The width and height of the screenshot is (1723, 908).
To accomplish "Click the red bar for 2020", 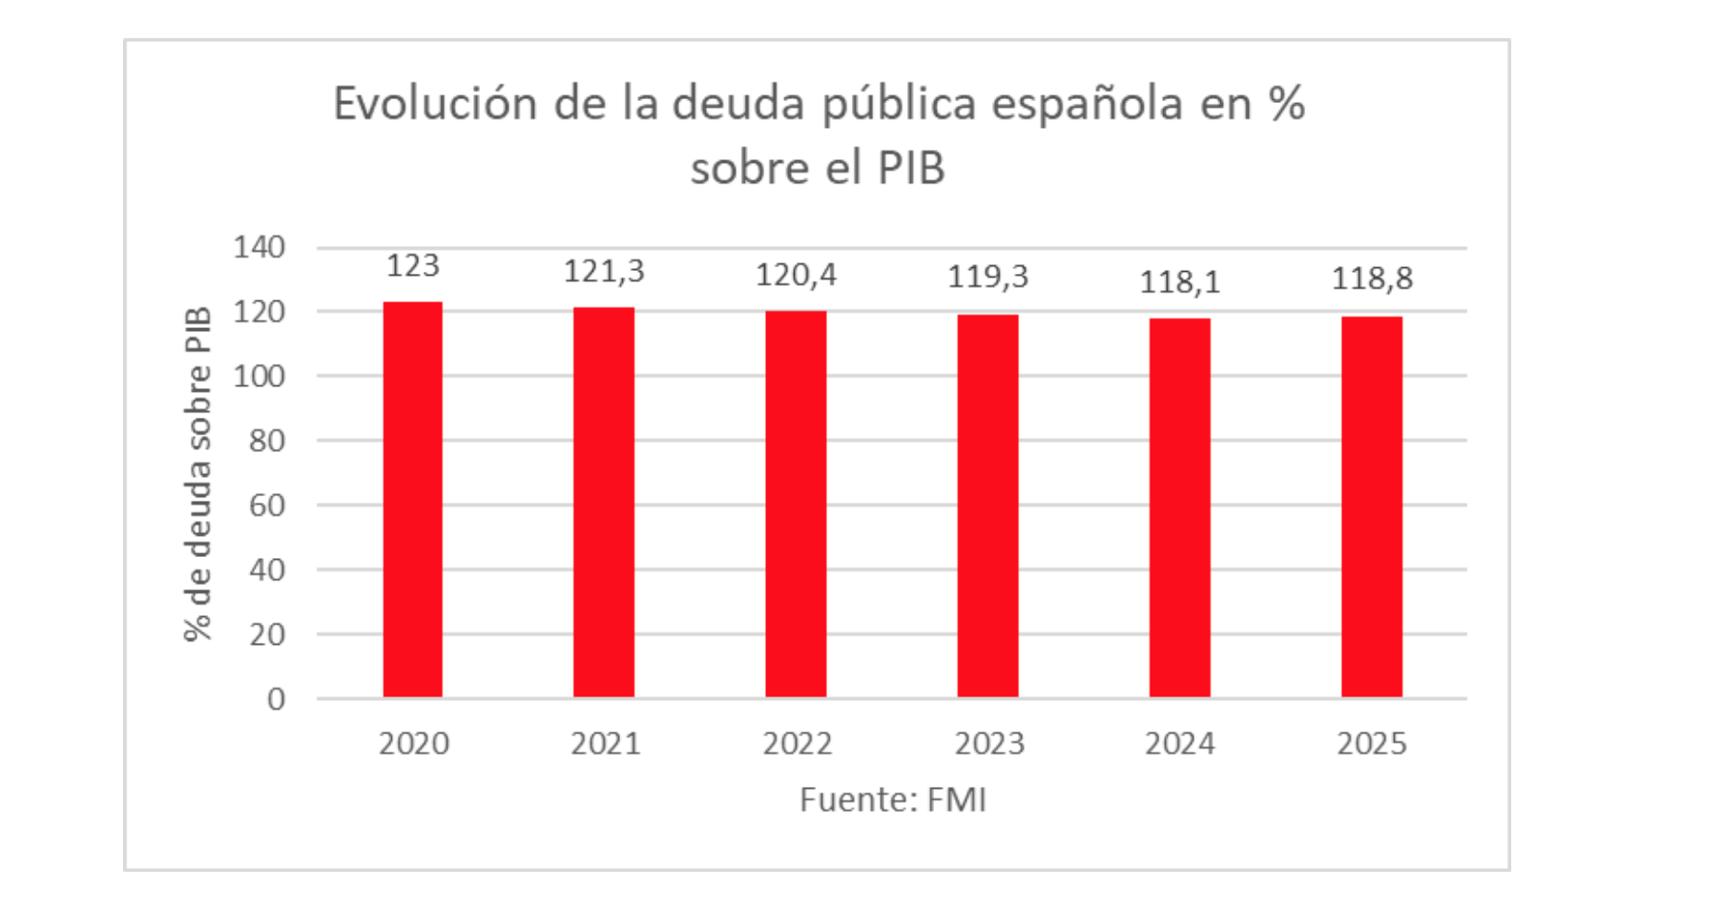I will pyautogui.click(x=412, y=500).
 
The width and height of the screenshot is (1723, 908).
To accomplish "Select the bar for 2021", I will pyautogui.click(x=603, y=503).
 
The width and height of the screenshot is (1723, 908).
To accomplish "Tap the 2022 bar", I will pyautogui.click(x=796, y=505).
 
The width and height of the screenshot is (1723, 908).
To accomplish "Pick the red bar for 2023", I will pyautogui.click(x=987, y=506).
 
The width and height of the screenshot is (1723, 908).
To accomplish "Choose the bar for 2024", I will pyautogui.click(x=1179, y=508).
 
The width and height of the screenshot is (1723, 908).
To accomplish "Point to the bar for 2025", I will pyautogui.click(x=1371, y=507).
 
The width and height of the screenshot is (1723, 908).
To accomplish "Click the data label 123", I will pyautogui.click(x=412, y=266).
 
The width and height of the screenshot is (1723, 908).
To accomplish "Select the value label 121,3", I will pyautogui.click(x=603, y=272).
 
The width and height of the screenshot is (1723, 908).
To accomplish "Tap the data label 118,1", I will pyautogui.click(x=1179, y=282).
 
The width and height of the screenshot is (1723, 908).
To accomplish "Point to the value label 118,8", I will pyautogui.click(x=1371, y=279).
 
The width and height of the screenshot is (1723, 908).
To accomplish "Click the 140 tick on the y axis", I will pyautogui.click(x=259, y=248).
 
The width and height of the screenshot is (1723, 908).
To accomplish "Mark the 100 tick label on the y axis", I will pyautogui.click(x=259, y=377).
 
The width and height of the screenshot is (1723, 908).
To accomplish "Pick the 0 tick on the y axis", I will pyautogui.click(x=276, y=700).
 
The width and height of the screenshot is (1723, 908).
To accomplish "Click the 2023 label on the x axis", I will pyautogui.click(x=989, y=744).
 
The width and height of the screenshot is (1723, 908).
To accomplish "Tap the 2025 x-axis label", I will pyautogui.click(x=1371, y=744).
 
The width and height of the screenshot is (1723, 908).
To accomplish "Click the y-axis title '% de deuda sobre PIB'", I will pyautogui.click(x=197, y=474).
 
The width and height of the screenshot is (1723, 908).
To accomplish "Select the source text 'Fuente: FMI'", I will pyautogui.click(x=892, y=799).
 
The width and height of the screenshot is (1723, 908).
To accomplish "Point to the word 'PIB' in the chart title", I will pyautogui.click(x=911, y=169).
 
